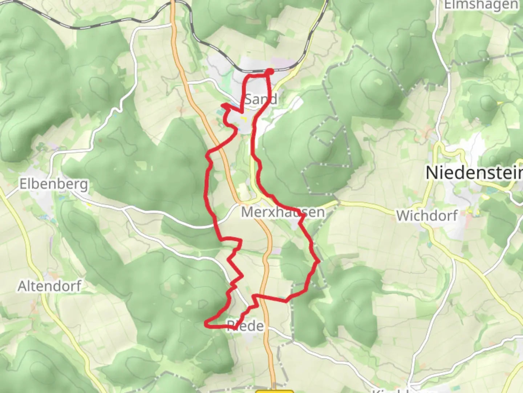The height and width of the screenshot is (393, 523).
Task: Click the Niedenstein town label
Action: tap(474, 172)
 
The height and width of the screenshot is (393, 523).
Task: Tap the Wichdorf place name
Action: tap(427, 216)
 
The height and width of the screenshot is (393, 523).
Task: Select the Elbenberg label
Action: tap(53, 184)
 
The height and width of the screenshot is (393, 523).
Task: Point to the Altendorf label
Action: tap(49, 286)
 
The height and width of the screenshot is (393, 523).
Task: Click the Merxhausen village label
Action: tap(283, 212)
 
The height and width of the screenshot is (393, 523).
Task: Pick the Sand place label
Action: tap(260, 99)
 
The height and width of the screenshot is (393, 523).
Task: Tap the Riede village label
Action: tap(246, 326)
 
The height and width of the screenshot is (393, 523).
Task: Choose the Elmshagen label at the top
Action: tap(481, 5)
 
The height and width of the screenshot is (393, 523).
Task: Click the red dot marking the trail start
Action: tap(270, 71)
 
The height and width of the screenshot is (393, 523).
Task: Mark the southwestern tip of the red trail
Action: tap(206, 323)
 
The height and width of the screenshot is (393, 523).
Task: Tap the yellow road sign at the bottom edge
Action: tap(275, 392)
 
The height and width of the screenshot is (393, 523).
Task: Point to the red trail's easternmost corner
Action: tap(319, 261)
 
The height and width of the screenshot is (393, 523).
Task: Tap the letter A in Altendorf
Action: tap(23, 286)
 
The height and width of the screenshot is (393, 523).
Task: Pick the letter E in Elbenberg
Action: tap(23, 184)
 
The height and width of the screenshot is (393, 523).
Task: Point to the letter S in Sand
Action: tap(248, 99)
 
